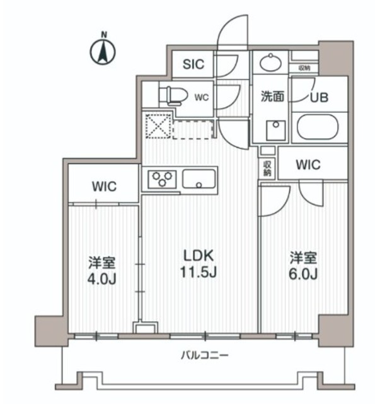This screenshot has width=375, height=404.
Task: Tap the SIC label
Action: click(193, 64)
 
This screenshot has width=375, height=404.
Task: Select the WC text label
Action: click(201, 97)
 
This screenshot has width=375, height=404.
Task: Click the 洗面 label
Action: click(272, 97)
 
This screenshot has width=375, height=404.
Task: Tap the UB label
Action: click(318, 97)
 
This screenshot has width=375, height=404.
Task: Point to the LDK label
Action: click(199, 256)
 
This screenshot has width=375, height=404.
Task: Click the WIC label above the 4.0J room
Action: click(103, 187)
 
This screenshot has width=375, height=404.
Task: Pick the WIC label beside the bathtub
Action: click(308, 165)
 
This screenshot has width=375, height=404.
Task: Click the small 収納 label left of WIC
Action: click(267, 167)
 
